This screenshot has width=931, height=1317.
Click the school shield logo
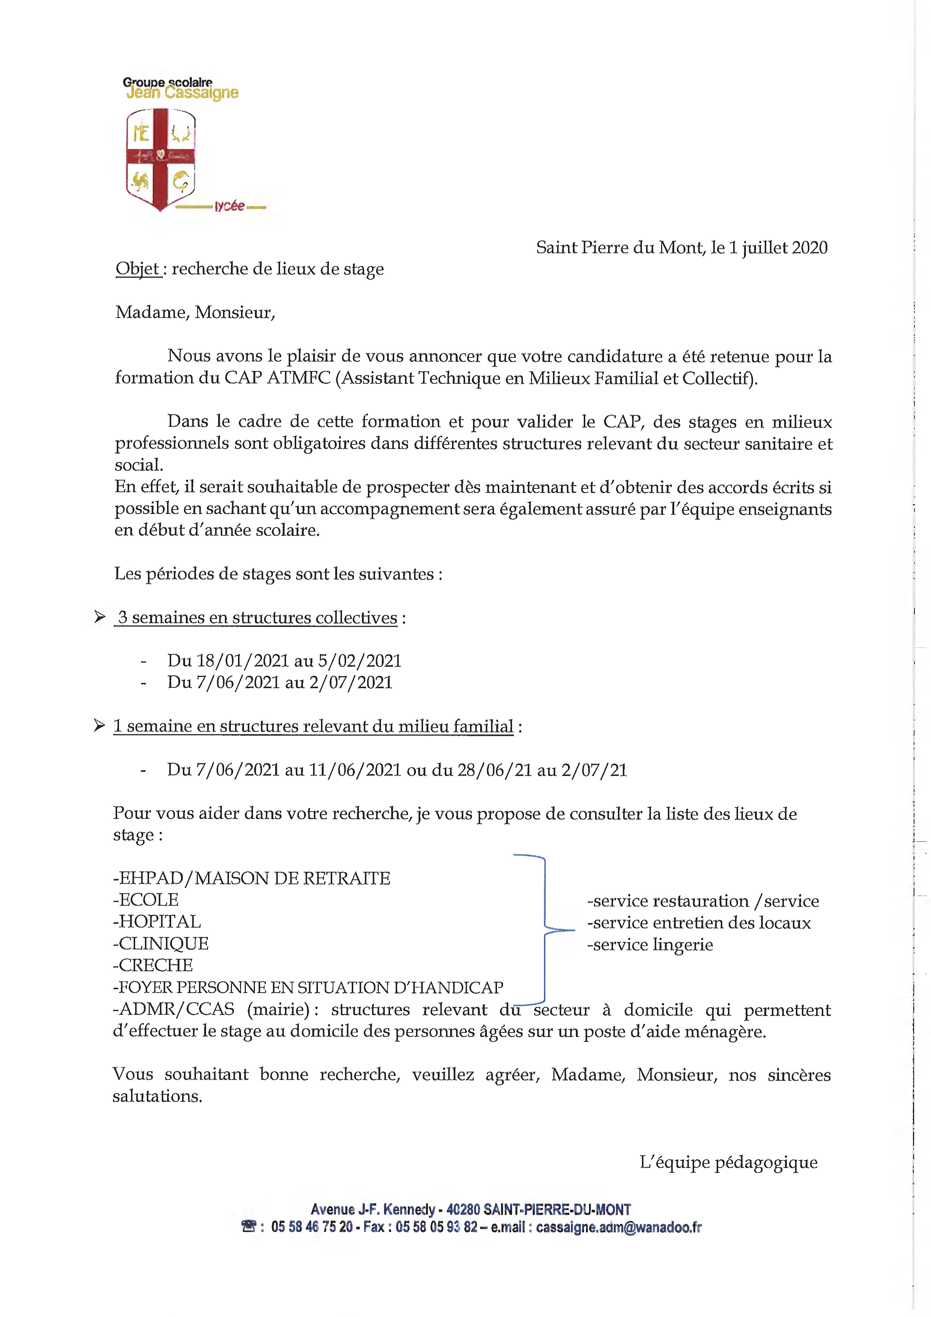pos(161,159)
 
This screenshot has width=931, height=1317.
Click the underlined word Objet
pos(138,268)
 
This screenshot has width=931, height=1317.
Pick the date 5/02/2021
pos(360,661)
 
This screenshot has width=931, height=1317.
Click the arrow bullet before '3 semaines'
pos(100,617)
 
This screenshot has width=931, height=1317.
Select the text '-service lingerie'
pos(650,944)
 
